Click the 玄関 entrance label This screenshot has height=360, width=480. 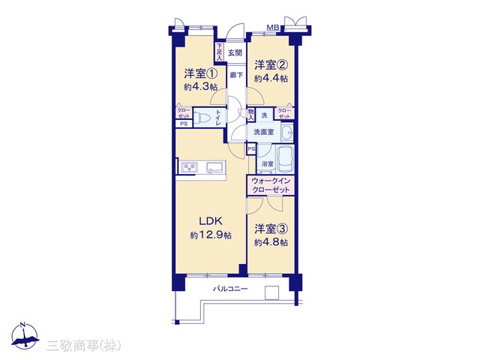[235, 53]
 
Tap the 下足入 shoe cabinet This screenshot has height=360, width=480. [219, 52]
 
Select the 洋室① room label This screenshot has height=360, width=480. [201, 73]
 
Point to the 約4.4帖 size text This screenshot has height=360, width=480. [271, 79]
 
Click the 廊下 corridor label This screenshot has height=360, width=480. [237, 75]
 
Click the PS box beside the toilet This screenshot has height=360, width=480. [184, 124]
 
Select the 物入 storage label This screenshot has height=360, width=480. [250, 115]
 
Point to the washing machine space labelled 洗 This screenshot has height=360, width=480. [264, 115]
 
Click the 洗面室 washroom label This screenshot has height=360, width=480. [263, 132]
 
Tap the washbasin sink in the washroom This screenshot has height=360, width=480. [286, 133]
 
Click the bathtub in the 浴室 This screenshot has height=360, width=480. [285, 159]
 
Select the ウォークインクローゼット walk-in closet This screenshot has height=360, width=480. [271, 185]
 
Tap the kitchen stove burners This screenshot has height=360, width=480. [190, 167]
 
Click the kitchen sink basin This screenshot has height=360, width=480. [215, 167]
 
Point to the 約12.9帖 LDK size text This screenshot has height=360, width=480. [211, 235]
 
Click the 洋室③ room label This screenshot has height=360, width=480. [271, 229]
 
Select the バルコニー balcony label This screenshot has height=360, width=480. [230, 289]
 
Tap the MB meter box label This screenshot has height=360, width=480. [273, 28]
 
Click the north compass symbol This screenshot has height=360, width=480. [24, 336]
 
